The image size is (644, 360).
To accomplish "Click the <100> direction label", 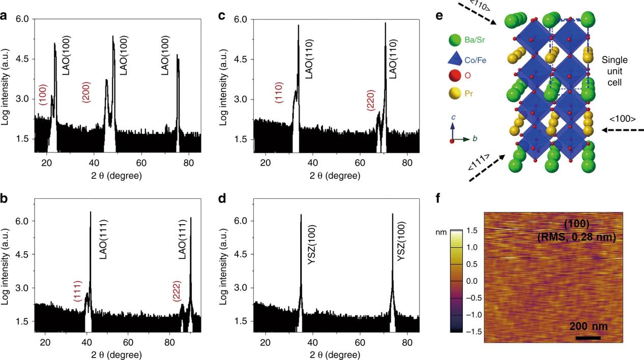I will [x=622, y=119].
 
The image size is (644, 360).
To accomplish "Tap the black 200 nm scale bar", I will [x=588, y=338].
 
